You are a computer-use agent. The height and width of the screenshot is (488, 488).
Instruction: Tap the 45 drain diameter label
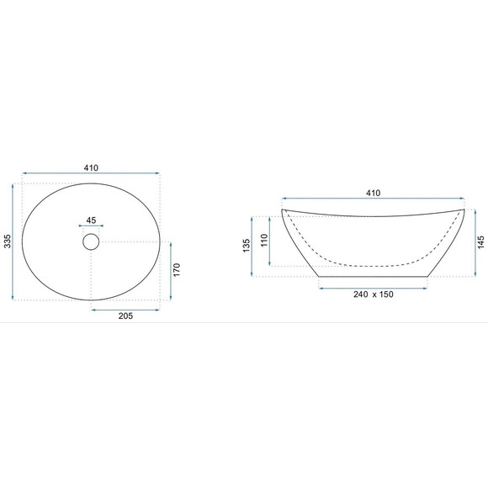click(91, 220)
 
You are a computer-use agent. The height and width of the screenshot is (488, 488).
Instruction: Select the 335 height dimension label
click(8, 241)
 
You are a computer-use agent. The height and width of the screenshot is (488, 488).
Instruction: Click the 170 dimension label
click(177, 270)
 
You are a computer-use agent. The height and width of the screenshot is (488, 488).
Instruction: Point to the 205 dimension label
click(125, 316)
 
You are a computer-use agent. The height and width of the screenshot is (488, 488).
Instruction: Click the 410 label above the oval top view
click(91, 168)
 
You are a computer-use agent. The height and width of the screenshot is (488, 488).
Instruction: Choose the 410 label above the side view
click(373, 194)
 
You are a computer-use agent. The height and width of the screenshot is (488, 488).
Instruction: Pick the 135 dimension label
click(247, 246)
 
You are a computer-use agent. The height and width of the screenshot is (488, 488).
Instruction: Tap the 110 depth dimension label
click(264, 241)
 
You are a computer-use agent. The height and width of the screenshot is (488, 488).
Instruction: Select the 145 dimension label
click(481, 242)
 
